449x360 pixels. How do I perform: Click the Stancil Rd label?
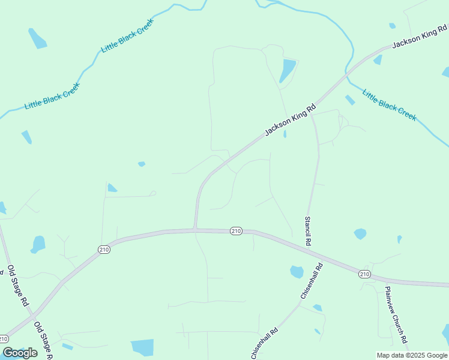(308, 231)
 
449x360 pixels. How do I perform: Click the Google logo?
(20, 353)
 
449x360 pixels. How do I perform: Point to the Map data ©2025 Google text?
(412, 355)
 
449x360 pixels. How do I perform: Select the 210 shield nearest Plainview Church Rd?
(364, 274)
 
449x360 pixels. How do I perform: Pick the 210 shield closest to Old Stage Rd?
(104, 250)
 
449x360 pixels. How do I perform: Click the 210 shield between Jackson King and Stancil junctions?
(236, 231)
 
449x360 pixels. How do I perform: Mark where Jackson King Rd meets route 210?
(195, 229)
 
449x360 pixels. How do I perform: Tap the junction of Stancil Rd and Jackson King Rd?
(312, 115)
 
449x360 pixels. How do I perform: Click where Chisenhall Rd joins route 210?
(324, 262)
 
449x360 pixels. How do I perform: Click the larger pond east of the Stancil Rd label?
(360, 233)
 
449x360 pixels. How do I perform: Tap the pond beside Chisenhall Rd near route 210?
(297, 272)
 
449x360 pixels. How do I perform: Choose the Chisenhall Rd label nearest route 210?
(312, 281)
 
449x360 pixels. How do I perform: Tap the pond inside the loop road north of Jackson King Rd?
(288, 70)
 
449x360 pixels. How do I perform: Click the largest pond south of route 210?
(143, 347)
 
